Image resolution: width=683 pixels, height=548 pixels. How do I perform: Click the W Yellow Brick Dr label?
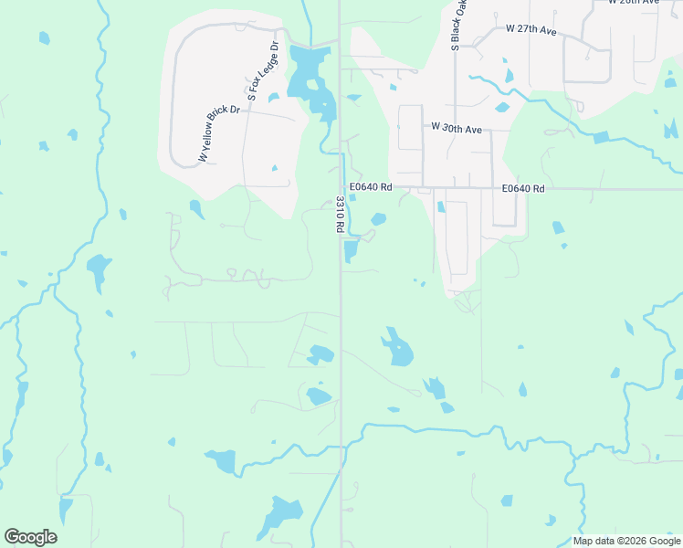click(218, 134)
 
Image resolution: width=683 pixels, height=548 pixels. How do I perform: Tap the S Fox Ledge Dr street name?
click(261, 70)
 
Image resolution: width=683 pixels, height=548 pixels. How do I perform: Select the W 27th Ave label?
click(531, 30)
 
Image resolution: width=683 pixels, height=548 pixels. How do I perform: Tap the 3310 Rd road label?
click(339, 216)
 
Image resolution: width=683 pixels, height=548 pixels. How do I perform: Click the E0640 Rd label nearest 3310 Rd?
click(370, 187)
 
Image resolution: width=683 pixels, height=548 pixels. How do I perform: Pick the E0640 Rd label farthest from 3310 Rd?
click(523, 188)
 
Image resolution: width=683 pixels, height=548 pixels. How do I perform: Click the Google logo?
click(30, 537)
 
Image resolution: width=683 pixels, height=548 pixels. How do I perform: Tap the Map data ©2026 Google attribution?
click(625, 541)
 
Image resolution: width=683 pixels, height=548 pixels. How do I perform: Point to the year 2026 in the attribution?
click(631, 541)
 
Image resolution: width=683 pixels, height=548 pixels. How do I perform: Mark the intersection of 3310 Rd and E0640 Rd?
click(341, 188)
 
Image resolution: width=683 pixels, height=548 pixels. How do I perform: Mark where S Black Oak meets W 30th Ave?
click(455, 129)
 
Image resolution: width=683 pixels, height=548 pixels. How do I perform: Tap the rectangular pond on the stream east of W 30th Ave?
click(600, 138)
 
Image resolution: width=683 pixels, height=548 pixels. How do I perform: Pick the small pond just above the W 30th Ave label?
click(501, 107)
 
